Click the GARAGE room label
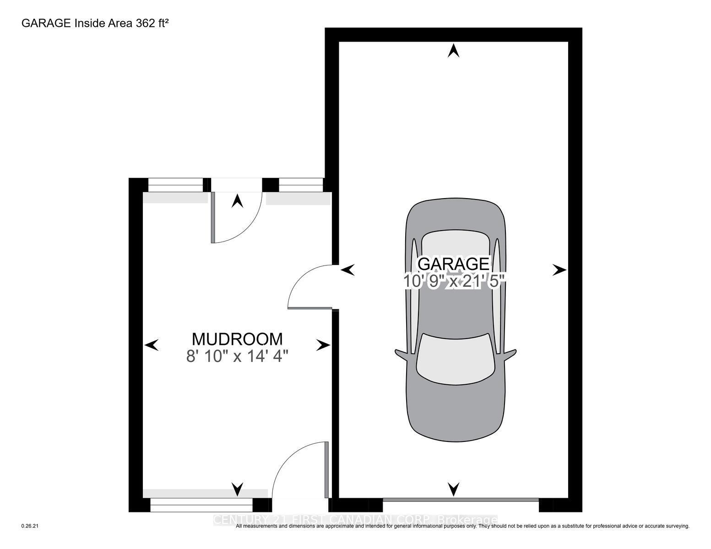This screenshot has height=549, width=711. pyautogui.click(x=453, y=264)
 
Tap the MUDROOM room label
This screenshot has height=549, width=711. pyautogui.click(x=237, y=339)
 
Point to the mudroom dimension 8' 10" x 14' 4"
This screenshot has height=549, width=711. pyautogui.click(x=237, y=356)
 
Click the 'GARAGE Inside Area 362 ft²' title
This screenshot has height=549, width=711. pyautogui.click(x=95, y=23)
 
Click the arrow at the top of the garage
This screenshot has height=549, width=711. pyautogui.click(x=453, y=50)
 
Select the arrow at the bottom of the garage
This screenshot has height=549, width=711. pyautogui.click(x=453, y=489)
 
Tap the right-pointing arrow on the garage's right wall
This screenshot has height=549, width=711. pyautogui.click(x=559, y=270)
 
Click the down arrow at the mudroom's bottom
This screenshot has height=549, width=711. pyautogui.click(x=237, y=489)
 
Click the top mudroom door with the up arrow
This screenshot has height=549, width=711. pyautogui.click(x=236, y=215)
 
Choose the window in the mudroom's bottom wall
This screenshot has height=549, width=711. pyautogui.click(x=201, y=505)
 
